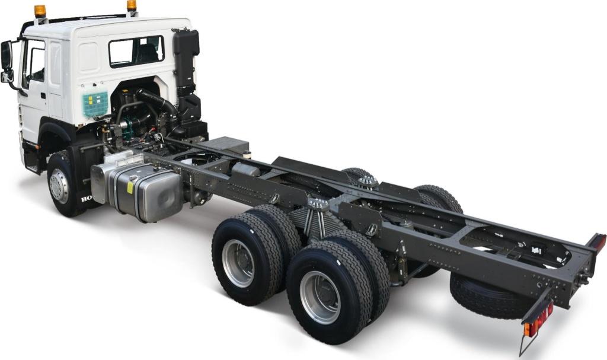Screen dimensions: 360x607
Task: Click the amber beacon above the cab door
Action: click(x=40, y=11)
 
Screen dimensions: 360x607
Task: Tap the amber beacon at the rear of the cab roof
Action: click(x=132, y=6)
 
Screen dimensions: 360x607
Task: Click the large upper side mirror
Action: click(x=7, y=55)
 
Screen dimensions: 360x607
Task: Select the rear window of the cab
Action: click(x=136, y=51)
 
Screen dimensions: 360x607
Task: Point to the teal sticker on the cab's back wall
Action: click(x=95, y=104)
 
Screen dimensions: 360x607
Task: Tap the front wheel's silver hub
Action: click(x=59, y=186)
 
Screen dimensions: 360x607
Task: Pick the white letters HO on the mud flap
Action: click(x=87, y=199)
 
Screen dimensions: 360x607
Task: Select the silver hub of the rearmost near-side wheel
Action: click(x=320, y=297)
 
